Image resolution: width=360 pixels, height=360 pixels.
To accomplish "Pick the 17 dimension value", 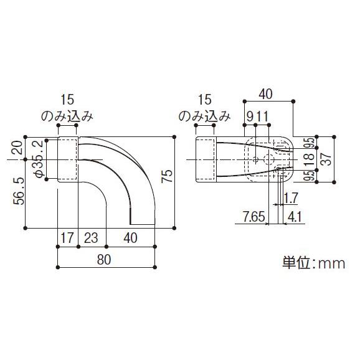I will pos(67,238).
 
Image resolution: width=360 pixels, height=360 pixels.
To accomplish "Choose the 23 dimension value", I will pos(92,238).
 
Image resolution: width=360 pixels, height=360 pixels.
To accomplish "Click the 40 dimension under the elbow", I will pos(130,238).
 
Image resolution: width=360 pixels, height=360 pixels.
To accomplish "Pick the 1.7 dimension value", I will pos(290,199).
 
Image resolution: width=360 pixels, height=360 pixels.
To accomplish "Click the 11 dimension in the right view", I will pos(262,116).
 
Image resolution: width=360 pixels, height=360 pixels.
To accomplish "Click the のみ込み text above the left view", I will pos(67,116).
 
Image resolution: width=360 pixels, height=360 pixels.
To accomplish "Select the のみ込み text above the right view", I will pos(205,116).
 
